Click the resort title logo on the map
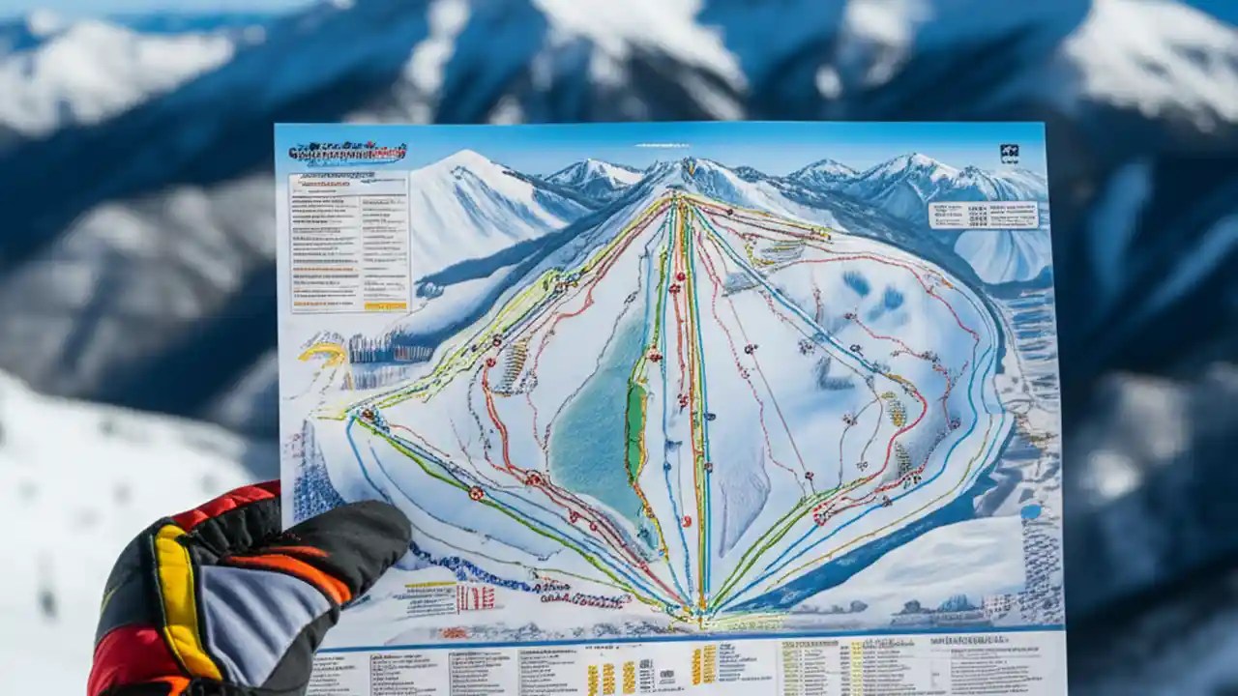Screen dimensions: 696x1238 [347, 153]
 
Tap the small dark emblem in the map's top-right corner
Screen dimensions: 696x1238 [1009, 154]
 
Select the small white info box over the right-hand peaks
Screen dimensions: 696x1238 [983, 215]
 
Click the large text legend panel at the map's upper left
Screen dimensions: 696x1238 [349, 242]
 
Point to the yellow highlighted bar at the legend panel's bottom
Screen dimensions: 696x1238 [386, 305]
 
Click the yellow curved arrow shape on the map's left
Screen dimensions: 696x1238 [324, 352]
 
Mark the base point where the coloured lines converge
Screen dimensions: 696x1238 [702, 611]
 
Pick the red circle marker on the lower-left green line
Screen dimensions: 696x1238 [476, 493]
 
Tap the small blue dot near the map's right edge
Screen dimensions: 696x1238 [1031, 511]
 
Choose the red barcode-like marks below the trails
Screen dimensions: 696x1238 [476, 597]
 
